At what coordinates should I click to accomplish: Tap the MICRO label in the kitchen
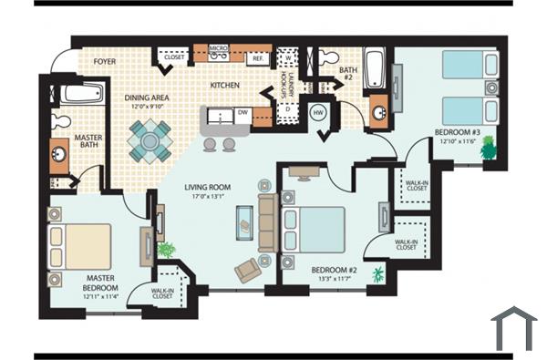[x=218, y=47]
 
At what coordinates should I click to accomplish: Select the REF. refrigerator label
[x=258, y=57]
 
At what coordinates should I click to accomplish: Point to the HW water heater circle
[x=319, y=112]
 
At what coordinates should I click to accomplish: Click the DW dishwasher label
[x=243, y=113]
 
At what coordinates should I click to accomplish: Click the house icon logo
[x=513, y=329]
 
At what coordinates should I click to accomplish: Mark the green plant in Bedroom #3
[x=490, y=147]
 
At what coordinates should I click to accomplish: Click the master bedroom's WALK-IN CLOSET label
[x=162, y=293]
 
